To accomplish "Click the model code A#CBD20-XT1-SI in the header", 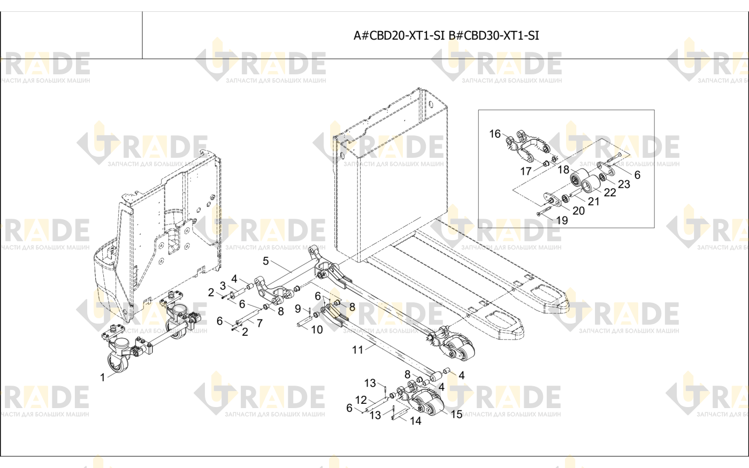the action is click(399, 35).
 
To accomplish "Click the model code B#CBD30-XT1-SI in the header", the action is click(493, 35).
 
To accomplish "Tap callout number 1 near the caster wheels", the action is click(103, 378).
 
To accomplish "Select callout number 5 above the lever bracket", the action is click(266, 261).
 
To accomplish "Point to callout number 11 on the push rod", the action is click(357, 350).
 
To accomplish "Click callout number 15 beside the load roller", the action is click(456, 415).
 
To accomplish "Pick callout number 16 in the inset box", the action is click(495, 134).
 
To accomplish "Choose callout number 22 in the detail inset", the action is click(610, 192).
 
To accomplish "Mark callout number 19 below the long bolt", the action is click(562, 220).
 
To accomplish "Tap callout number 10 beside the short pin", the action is click(317, 330).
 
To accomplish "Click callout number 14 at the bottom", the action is click(416, 421).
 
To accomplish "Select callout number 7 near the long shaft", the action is click(259, 323).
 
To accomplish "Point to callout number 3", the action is click(223, 286).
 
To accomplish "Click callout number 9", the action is click(298, 309).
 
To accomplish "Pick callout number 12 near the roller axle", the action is click(361, 400).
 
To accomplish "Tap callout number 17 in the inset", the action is click(526, 172).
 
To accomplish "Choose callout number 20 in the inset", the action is click(579, 211).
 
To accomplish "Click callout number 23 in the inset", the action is click(624, 184).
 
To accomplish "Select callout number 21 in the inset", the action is click(593, 202).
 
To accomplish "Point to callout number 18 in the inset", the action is click(563, 170).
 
